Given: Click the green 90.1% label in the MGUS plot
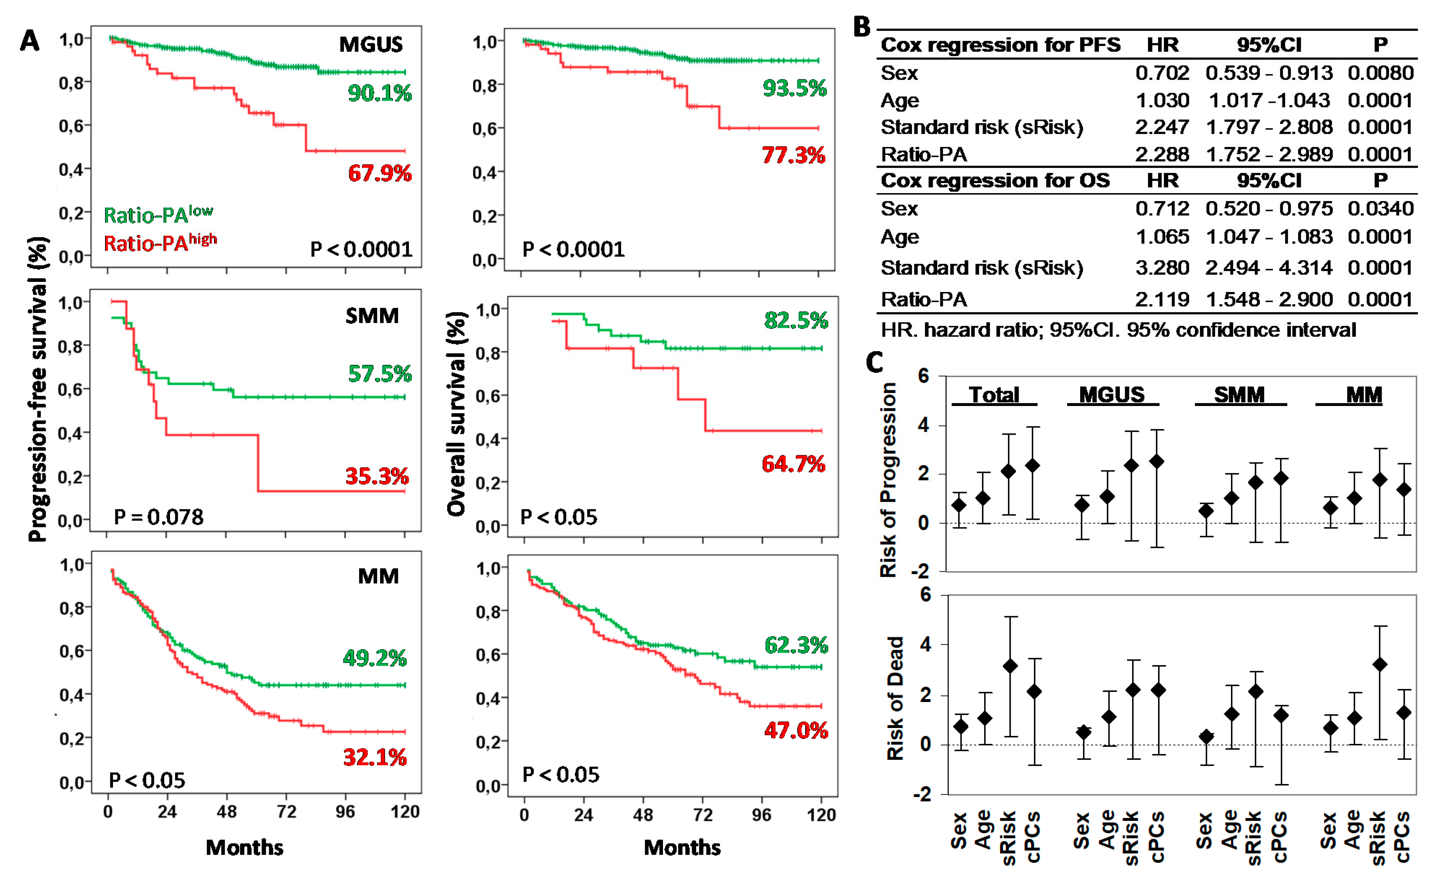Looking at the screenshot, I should pos(379,93).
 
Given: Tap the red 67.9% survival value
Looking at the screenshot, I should pos(379,173).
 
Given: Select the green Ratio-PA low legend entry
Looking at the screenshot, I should pos(158,214).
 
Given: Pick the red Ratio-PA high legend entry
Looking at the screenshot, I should pos(160,242).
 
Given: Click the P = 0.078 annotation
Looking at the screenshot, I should pos(158,517).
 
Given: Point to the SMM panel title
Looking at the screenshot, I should pos(372,316).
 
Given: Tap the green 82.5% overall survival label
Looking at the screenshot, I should pos(796,321).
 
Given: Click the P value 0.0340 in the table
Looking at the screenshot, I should pos(1380,208).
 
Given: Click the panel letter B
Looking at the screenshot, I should pos(861,27).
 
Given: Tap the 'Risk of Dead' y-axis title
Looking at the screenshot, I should pos(895,698).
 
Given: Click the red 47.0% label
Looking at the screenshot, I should pos(796,731).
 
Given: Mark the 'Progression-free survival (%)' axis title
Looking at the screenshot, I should pos(38,389).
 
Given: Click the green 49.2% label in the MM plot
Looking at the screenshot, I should pos(375,658).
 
